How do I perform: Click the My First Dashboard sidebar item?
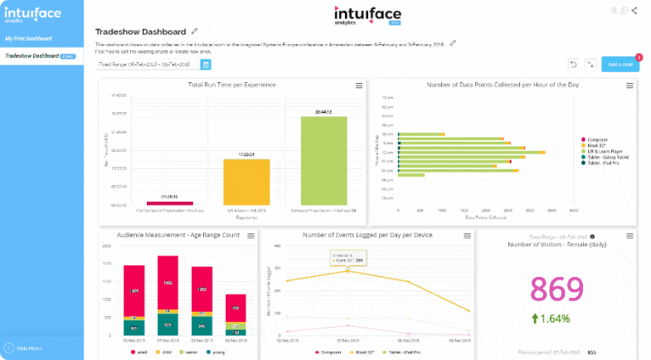[x=29, y=38]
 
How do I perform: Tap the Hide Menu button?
[x=25, y=348]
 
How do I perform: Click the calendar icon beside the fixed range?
[x=206, y=64]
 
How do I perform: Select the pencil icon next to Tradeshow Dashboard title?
[x=195, y=31]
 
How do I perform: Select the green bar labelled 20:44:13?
[x=323, y=159]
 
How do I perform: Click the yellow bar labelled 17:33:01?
[x=246, y=182]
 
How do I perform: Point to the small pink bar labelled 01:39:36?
[x=169, y=202]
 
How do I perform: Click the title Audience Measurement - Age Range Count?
[x=178, y=236]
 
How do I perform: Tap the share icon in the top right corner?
[x=634, y=10]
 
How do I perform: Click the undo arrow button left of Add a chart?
[x=573, y=64]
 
